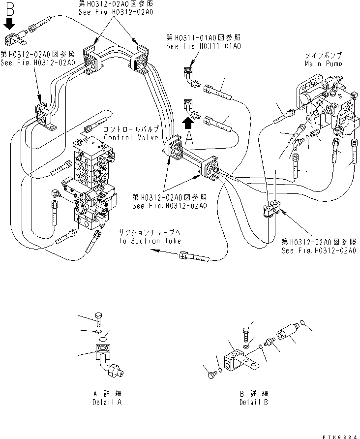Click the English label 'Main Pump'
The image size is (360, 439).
click(x=324, y=63)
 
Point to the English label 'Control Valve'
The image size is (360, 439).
click(x=125, y=137)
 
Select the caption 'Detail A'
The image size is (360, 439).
click(x=107, y=402)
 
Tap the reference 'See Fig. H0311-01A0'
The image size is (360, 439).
click(x=203, y=46)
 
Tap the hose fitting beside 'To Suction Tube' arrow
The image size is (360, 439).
click(x=194, y=256)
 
